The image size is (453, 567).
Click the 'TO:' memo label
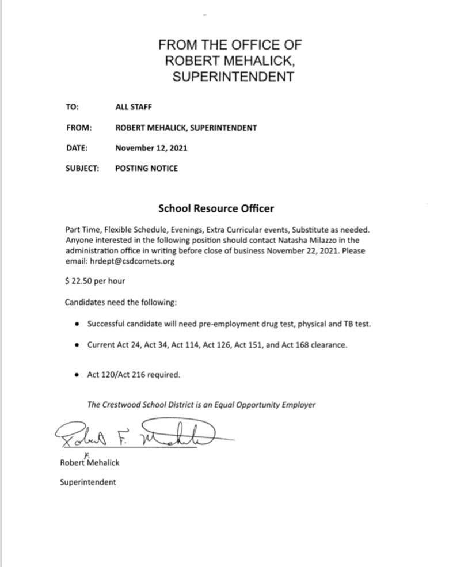(x=72, y=107)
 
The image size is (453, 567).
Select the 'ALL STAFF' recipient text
(x=134, y=107)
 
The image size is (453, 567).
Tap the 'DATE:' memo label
(x=77, y=148)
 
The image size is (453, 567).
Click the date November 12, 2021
(x=151, y=148)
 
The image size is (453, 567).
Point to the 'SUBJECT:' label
(x=82, y=169)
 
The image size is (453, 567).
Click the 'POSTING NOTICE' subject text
(x=146, y=169)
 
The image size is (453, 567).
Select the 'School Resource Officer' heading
(x=216, y=208)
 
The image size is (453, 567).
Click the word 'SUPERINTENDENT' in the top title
(x=233, y=77)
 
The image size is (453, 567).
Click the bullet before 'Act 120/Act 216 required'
(x=77, y=375)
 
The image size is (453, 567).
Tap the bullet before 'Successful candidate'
(x=77, y=324)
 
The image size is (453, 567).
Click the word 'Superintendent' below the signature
(x=87, y=482)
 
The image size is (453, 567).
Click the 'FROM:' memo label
(x=79, y=128)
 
